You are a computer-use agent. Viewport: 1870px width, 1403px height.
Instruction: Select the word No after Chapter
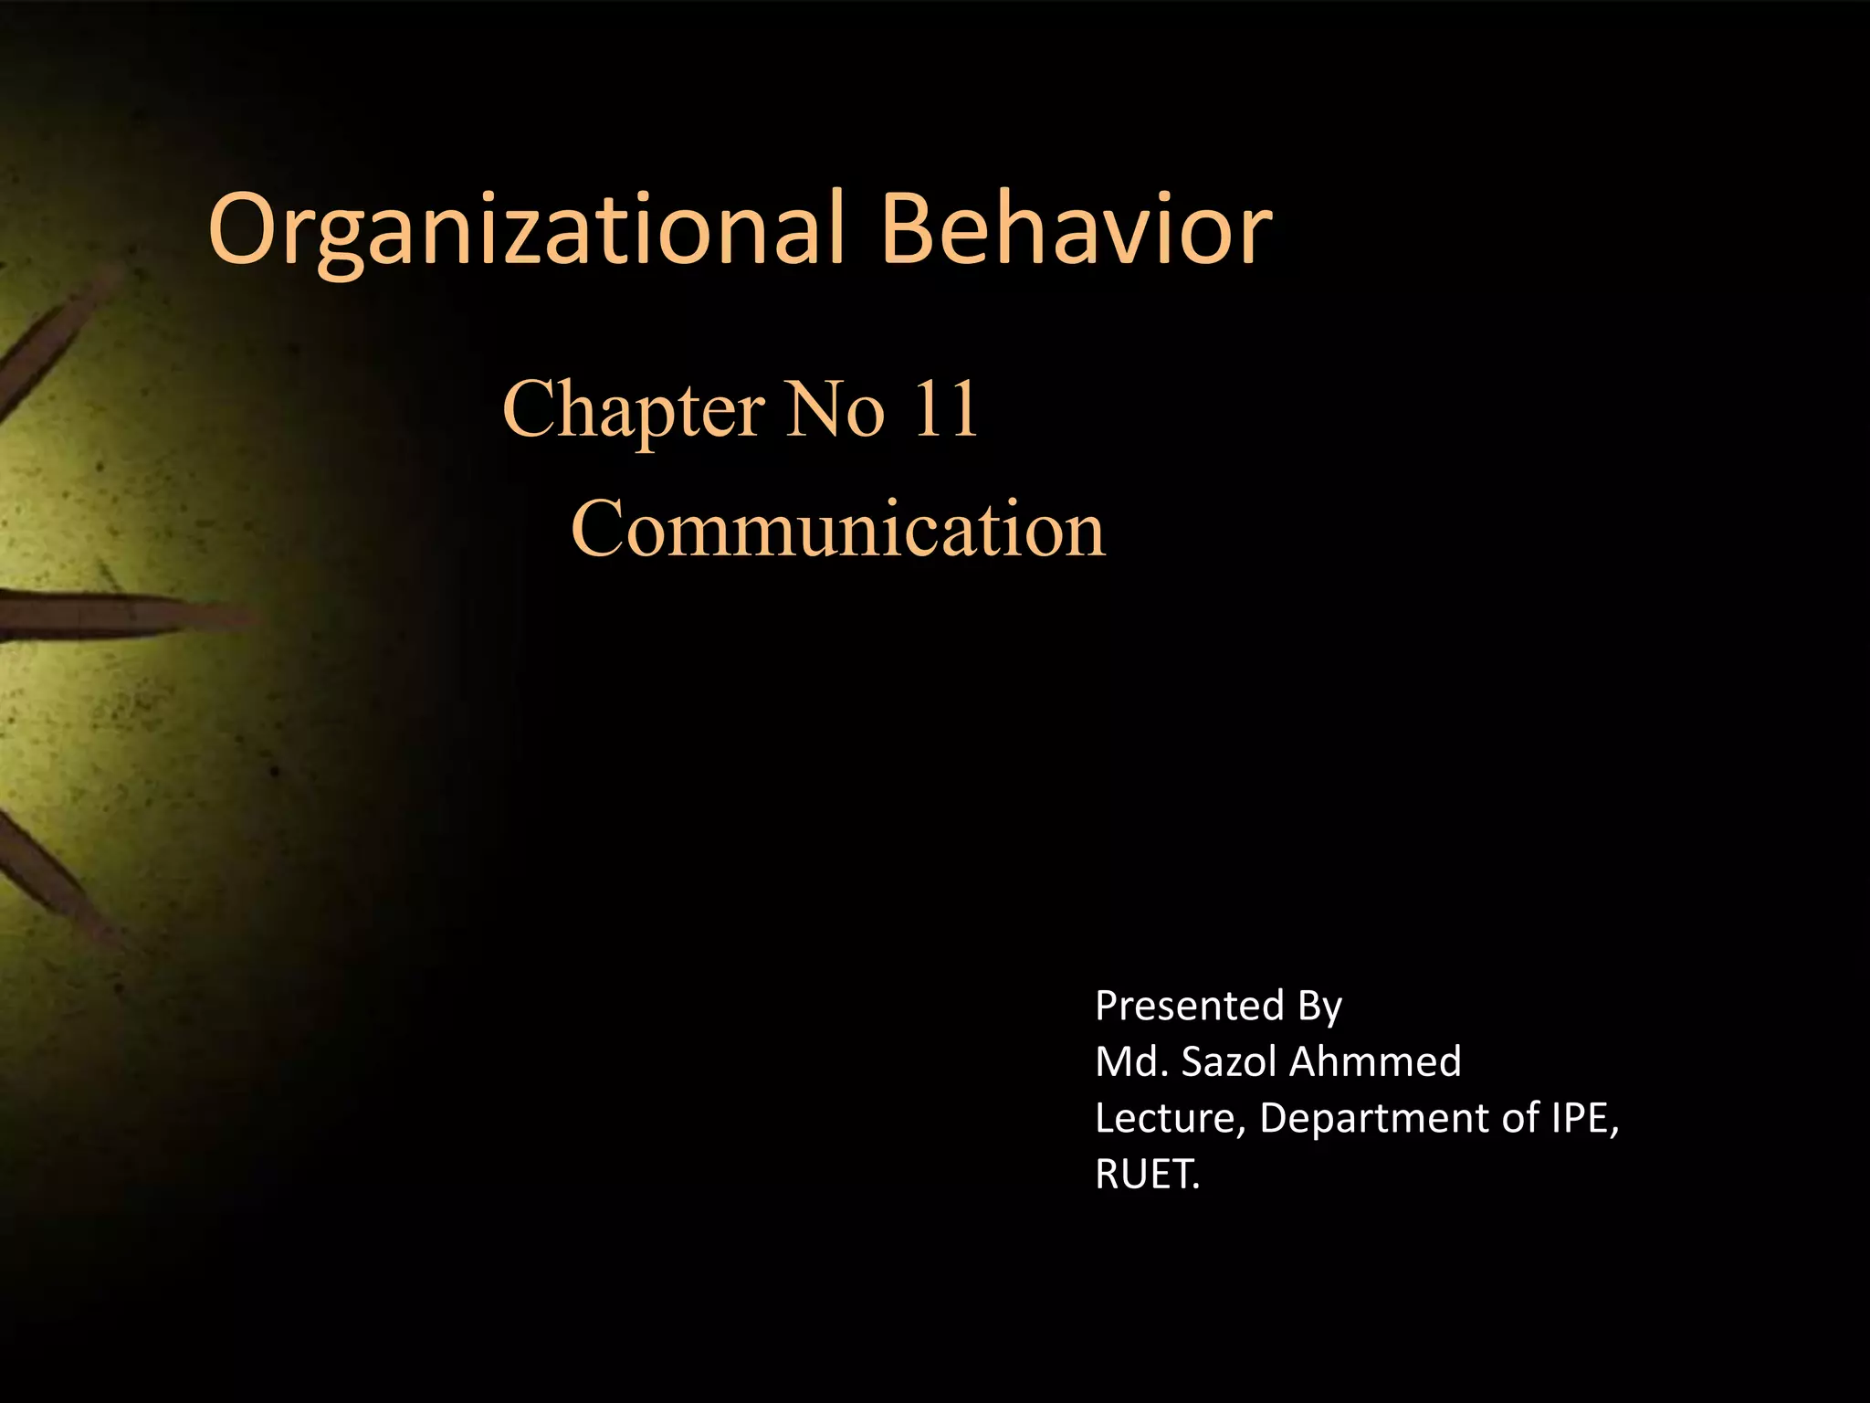click(x=835, y=409)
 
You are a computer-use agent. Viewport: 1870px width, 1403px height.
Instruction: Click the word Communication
click(x=837, y=530)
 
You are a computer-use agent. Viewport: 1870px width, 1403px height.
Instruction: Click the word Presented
click(x=1190, y=1006)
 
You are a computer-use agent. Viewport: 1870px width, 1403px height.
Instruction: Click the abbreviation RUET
click(x=1146, y=1174)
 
